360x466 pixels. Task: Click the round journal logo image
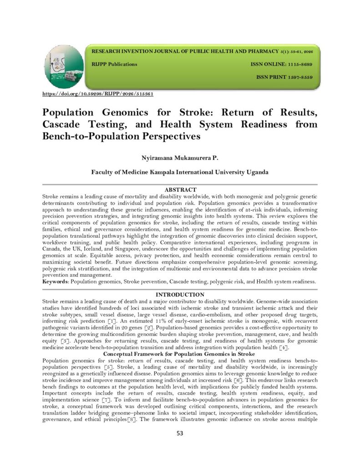tap(64, 66)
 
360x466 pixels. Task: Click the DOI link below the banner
tap(97, 94)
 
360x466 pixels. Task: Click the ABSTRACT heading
tap(180, 189)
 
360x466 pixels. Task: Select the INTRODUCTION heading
tap(180, 295)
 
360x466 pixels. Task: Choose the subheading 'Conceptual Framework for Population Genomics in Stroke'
tap(180, 354)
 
